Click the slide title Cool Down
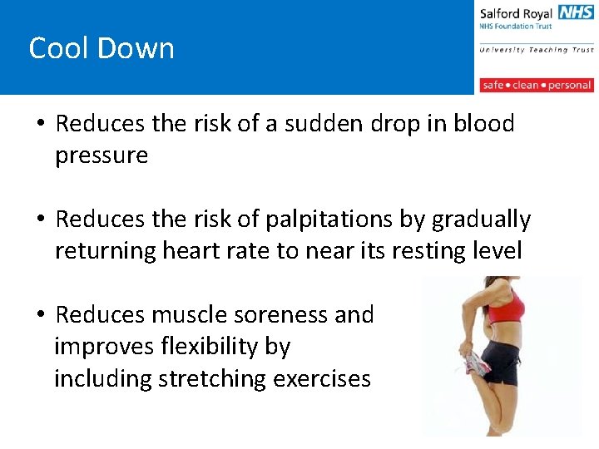pyautogui.click(x=101, y=48)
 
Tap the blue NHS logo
pyautogui.click(x=576, y=12)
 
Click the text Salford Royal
pyautogui.click(x=516, y=14)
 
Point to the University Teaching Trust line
pyautogui.click(x=536, y=50)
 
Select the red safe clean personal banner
pyautogui.click(x=536, y=85)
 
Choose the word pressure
pyautogui.click(x=101, y=155)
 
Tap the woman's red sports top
pyautogui.click(x=505, y=308)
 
